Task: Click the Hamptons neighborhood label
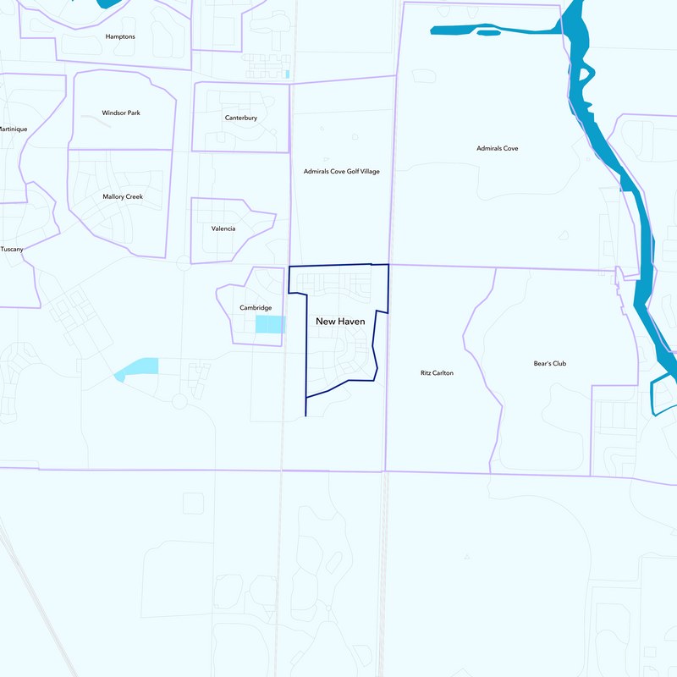click(120, 37)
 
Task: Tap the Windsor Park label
click(121, 113)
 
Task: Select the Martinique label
click(13, 129)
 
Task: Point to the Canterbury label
click(241, 118)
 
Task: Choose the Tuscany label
click(12, 249)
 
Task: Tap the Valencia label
click(223, 228)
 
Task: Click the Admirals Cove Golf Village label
click(342, 171)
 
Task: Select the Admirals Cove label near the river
click(498, 148)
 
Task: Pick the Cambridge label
click(256, 307)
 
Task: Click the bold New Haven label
click(340, 322)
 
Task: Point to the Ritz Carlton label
click(437, 372)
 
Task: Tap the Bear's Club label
click(549, 364)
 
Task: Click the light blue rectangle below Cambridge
click(270, 324)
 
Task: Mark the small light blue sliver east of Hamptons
click(288, 74)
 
